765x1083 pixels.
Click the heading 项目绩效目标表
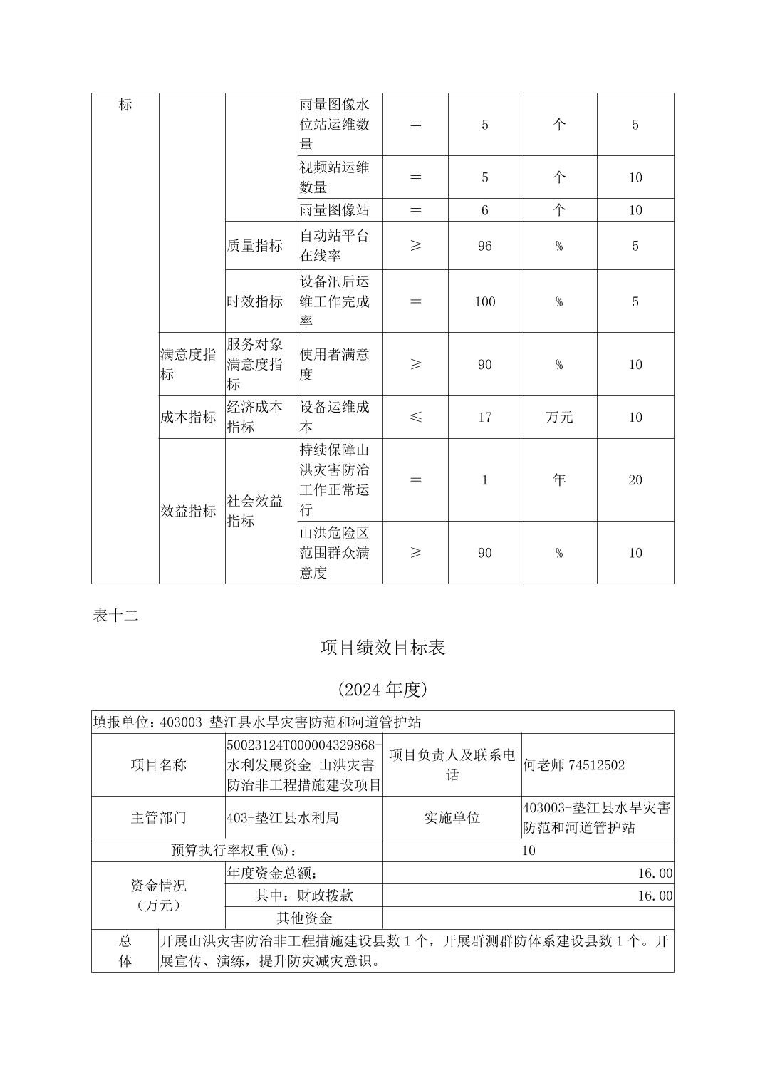click(x=382, y=648)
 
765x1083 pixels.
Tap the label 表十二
click(x=115, y=616)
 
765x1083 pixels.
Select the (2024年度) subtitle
click(x=382, y=689)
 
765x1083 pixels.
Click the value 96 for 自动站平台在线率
click(x=485, y=246)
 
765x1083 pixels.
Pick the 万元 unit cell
click(x=559, y=418)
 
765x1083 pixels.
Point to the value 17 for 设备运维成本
click(x=485, y=418)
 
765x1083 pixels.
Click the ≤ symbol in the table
click(x=416, y=418)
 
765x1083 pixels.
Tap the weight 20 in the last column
click(x=635, y=480)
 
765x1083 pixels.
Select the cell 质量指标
click(x=255, y=246)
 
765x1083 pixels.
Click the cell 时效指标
click(x=255, y=301)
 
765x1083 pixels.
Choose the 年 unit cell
click(x=559, y=480)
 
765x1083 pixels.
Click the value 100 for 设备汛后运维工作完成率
click(x=485, y=301)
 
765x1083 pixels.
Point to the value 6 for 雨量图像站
click(x=485, y=210)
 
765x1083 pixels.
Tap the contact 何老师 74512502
click(x=574, y=765)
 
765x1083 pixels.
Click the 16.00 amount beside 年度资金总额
click(x=655, y=874)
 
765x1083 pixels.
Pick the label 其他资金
click(x=304, y=918)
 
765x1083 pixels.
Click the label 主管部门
click(x=159, y=818)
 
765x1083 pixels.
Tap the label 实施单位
click(x=452, y=818)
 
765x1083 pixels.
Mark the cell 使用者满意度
click(x=335, y=364)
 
